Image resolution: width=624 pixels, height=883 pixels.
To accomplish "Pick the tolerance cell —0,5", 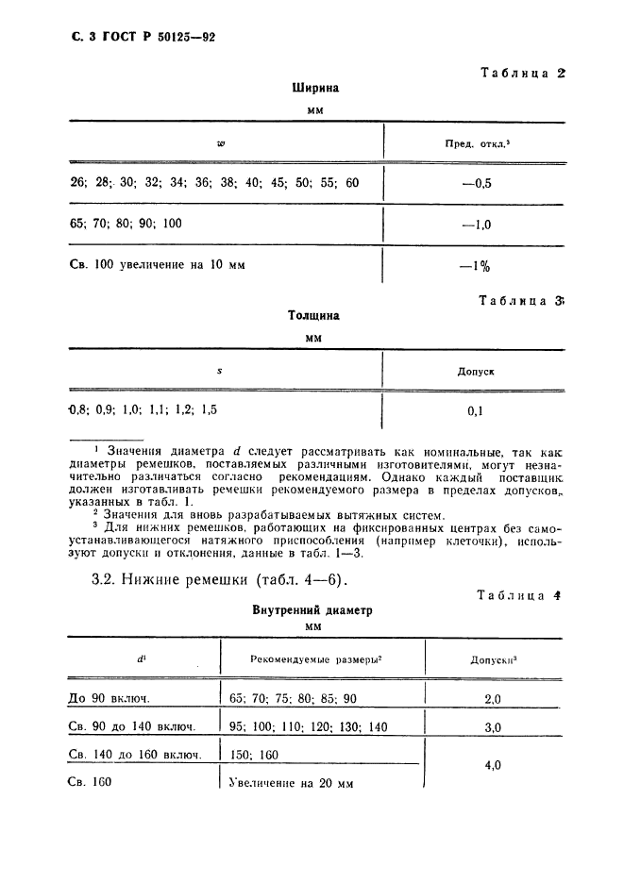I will click(477, 183).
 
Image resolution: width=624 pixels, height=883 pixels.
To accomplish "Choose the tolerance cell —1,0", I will click(477, 225).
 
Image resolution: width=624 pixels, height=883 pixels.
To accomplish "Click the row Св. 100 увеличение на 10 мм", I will click(158, 266).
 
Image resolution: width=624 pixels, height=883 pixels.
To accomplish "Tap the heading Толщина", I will click(314, 316).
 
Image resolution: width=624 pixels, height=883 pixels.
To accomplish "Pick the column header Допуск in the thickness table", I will click(476, 372).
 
